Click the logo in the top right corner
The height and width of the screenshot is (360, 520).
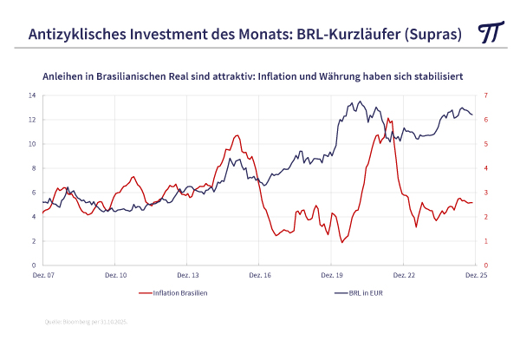pyautogui.click(x=491, y=32)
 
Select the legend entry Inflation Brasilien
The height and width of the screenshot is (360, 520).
pyautogui.click(x=179, y=293)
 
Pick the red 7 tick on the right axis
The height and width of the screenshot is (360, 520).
pyautogui.click(x=485, y=95)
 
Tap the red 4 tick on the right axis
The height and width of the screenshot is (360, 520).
pyautogui.click(x=485, y=168)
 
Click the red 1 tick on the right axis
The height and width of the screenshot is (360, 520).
pyautogui.click(x=485, y=241)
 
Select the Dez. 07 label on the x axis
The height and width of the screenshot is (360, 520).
pyautogui.click(x=44, y=274)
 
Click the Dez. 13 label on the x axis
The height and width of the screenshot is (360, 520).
pyautogui.click(x=188, y=274)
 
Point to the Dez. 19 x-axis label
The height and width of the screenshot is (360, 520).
pyautogui.click(x=331, y=274)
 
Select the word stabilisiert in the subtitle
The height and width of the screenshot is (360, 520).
pyautogui.click(x=438, y=76)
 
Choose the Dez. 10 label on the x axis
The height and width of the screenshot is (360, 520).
pyautogui.click(x=116, y=274)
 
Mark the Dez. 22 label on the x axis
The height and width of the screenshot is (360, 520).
pyautogui.click(x=403, y=274)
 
